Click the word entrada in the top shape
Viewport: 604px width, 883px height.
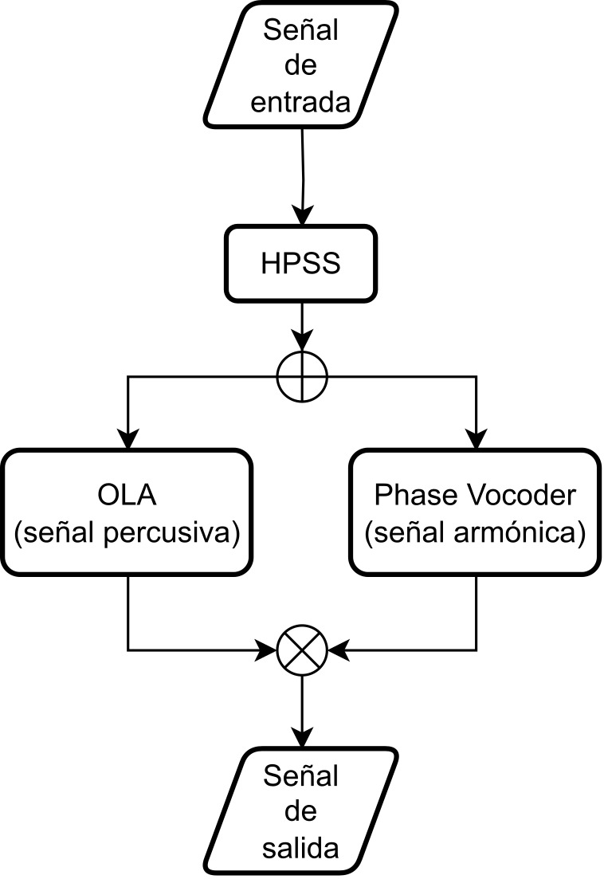point(300,103)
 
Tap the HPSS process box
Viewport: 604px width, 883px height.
point(300,264)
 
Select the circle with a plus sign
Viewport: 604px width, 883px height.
point(302,377)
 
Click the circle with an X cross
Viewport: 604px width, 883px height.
point(302,649)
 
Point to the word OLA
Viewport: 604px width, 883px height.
point(127,495)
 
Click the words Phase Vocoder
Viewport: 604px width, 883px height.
point(475,495)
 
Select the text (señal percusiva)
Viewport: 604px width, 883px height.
point(127,532)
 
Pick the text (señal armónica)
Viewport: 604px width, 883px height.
point(475,532)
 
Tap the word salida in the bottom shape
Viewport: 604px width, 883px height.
point(300,849)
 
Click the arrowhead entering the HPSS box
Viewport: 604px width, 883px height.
point(303,215)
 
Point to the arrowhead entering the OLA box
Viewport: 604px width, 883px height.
point(128,439)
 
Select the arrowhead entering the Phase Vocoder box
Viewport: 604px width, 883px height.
point(477,439)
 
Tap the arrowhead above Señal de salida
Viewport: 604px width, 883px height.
point(302,737)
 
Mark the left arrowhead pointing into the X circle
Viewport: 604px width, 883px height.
point(267,649)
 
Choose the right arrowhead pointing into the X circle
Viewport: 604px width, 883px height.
point(338,649)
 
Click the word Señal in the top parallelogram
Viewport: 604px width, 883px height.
point(300,29)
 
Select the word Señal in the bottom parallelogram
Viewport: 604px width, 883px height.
point(300,776)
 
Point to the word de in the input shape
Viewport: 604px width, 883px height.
point(300,66)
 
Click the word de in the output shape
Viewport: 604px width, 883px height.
point(300,812)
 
